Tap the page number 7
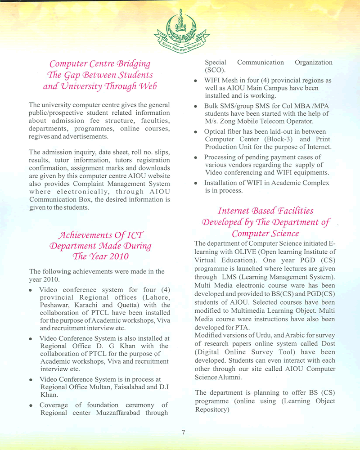click(184, 432)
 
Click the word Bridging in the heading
click(134, 63)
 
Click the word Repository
click(212, 410)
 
